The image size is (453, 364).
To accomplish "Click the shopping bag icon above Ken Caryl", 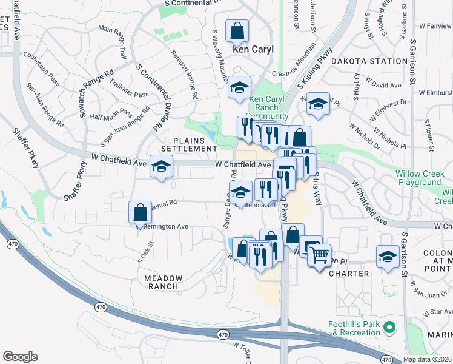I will (237, 30).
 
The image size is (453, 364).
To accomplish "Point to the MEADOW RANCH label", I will (163, 282).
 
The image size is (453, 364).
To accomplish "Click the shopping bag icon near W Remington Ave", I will (140, 212).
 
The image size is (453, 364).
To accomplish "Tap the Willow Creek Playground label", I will (418, 178).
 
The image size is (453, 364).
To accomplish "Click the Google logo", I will (20, 357).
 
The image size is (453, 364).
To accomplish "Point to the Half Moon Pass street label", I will (110, 115).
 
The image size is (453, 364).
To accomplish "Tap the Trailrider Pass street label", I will (129, 95).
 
